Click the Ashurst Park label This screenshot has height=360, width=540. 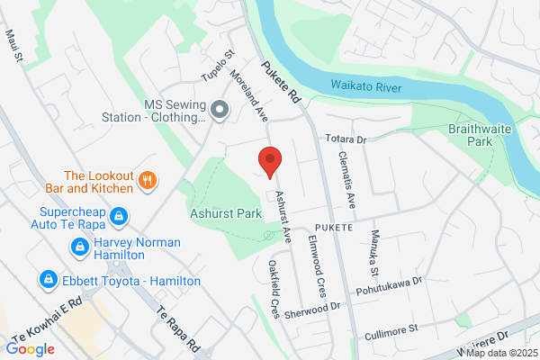pyautogui.click(x=225, y=213)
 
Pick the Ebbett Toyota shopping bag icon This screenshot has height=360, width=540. pyautogui.click(x=46, y=281)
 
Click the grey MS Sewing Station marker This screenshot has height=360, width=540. pyautogui.click(x=220, y=110)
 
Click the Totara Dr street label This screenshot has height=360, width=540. pyautogui.click(x=347, y=139)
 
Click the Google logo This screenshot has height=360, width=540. pyautogui.click(x=30, y=348)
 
